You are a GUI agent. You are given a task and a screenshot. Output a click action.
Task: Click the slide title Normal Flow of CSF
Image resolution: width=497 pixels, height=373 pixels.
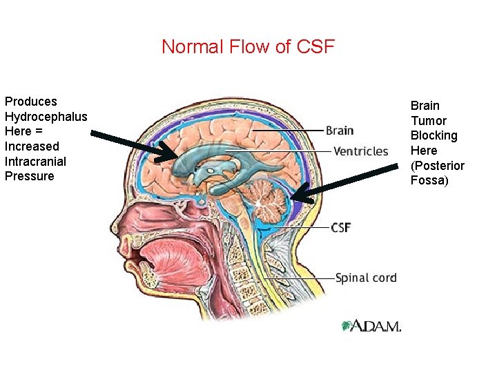[x=248, y=47]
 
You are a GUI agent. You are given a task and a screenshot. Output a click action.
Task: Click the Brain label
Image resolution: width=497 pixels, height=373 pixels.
[x=339, y=130]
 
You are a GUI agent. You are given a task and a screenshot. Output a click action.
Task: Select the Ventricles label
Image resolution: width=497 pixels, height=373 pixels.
[x=360, y=151]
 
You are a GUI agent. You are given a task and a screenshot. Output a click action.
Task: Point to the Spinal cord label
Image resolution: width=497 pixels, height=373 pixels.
[x=366, y=278]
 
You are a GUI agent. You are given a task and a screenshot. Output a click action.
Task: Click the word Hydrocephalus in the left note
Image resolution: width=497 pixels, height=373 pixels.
[x=46, y=116]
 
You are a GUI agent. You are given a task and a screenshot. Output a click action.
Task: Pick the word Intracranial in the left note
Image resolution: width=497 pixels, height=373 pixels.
[x=35, y=161]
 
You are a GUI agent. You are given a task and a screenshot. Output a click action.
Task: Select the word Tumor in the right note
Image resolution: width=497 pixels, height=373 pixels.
[x=428, y=121]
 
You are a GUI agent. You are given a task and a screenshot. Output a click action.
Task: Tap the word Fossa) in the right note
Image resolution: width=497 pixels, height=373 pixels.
[x=429, y=180]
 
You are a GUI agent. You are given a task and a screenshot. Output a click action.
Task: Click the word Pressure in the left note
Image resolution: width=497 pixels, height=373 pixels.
[x=29, y=176]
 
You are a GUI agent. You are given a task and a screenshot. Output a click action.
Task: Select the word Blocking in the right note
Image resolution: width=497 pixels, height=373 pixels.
[x=433, y=135]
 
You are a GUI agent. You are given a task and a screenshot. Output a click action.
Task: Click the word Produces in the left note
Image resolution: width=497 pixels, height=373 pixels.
[x=30, y=102]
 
